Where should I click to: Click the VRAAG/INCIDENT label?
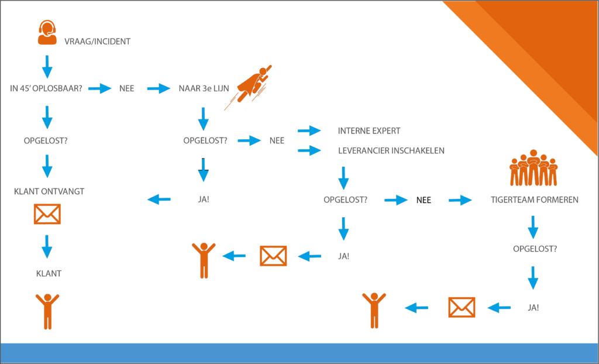tap(97, 42)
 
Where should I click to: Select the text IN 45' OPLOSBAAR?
tap(46, 89)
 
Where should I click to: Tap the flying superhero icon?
tap(249, 87)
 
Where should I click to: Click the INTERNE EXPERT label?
tap(369, 131)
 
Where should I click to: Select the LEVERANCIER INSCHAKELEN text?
tap(391, 150)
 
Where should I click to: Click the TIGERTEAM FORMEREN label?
tap(534, 200)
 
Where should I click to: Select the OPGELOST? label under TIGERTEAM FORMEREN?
tap(535, 249)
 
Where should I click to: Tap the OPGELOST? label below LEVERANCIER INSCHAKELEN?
tap(345, 200)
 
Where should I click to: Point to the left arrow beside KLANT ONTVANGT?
tap(159, 200)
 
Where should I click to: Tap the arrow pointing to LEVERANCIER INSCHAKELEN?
tap(309, 151)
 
